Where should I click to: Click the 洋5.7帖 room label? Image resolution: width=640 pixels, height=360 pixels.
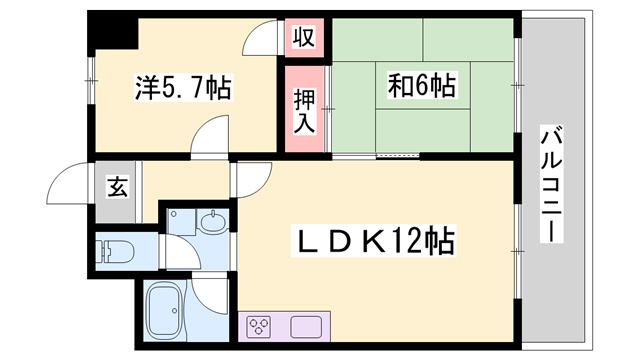183,89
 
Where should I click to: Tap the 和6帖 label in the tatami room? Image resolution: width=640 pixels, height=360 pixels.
421,86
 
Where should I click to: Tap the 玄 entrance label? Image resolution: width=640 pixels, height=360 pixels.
118,186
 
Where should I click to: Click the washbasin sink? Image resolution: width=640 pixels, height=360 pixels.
212,221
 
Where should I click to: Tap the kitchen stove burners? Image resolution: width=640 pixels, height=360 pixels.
262,327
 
